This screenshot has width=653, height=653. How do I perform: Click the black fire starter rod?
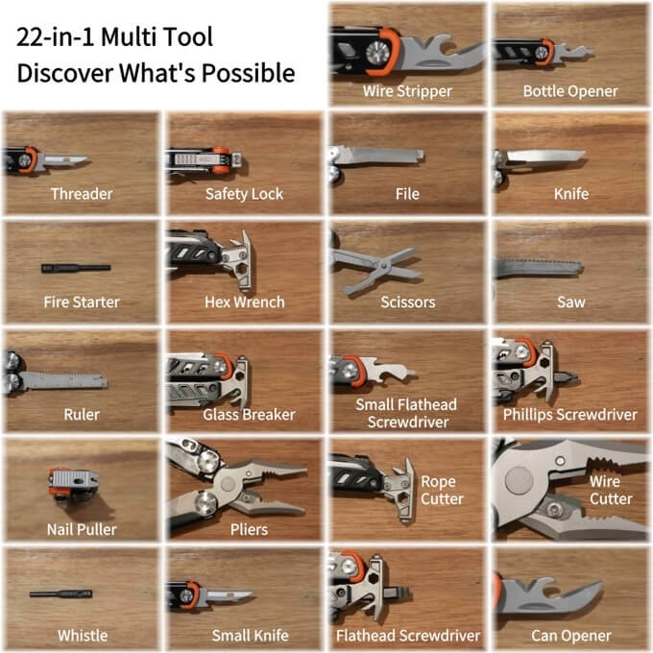76,268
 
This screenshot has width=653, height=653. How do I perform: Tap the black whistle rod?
60,593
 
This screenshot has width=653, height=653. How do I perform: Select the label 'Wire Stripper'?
407,91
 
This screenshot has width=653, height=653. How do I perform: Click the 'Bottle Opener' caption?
570,91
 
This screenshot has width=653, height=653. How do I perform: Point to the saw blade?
539,268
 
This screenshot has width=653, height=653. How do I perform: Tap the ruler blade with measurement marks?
63,381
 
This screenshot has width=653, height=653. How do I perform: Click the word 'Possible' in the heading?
248,73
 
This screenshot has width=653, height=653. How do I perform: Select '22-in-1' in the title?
57,36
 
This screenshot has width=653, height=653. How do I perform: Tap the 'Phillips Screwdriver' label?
570,415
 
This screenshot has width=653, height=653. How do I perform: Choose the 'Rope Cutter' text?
442,490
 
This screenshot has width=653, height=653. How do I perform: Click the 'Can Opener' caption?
571,636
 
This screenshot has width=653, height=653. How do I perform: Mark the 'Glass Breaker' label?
249,415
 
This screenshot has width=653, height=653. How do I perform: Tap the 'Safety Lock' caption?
244,194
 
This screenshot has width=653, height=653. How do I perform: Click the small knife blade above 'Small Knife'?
229,595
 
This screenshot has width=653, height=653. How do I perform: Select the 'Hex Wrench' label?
245,302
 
